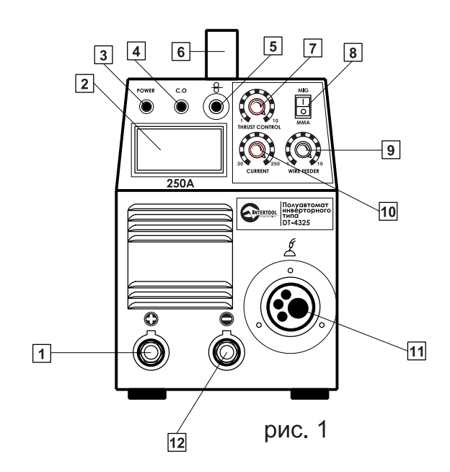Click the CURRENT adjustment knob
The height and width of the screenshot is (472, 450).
(x=255, y=149)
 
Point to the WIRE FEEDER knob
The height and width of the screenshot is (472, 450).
(x=302, y=149)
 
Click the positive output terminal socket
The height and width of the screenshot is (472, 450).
(x=151, y=352)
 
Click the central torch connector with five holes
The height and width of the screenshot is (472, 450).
(x=290, y=306)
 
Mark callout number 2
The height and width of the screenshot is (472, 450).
(x=85, y=84)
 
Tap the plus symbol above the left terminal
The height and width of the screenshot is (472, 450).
(x=151, y=318)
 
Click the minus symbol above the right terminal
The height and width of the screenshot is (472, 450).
(x=226, y=318)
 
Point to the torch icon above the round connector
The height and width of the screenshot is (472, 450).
(x=291, y=250)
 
